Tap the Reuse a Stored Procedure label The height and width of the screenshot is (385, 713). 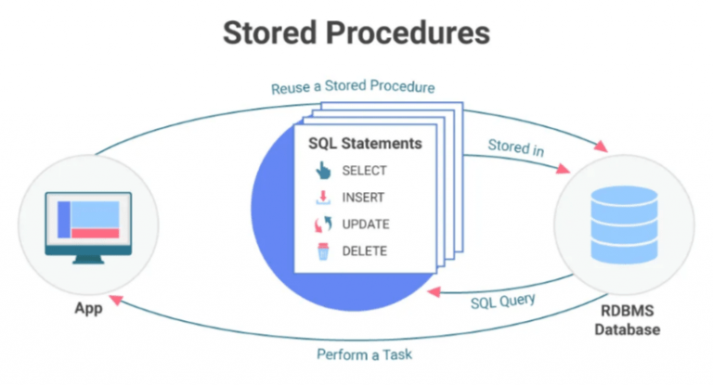[x=354, y=89]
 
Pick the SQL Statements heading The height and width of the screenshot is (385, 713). [x=365, y=145]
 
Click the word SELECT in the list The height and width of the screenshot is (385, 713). [x=364, y=171]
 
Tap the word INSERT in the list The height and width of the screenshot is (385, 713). [x=363, y=198]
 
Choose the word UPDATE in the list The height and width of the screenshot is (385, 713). [x=365, y=225]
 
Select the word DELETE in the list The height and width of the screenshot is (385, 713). [x=364, y=251]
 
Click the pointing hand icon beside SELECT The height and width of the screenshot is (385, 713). [x=322, y=171]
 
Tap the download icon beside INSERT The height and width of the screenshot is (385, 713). [x=322, y=198]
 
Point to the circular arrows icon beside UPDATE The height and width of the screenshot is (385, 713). [x=322, y=225]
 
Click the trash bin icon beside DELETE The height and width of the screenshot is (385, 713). [x=322, y=251]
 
